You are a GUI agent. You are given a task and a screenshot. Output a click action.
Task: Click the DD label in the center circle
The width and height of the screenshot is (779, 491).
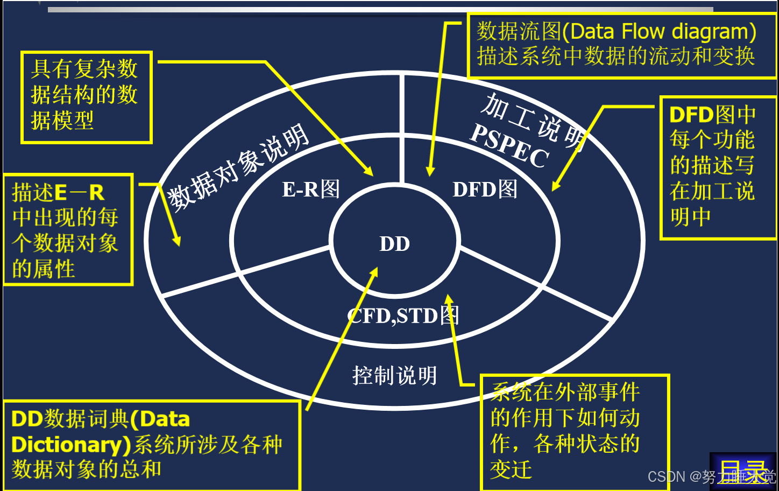(394, 244)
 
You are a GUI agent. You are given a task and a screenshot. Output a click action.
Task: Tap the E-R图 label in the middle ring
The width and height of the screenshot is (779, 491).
(311, 189)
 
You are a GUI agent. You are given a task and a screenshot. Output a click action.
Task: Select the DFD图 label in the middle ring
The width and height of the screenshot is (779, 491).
(485, 189)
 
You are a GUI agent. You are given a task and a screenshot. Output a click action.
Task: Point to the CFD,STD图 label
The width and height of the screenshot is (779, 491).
(403, 315)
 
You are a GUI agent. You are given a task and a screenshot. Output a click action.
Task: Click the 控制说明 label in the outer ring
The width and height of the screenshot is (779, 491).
(394, 375)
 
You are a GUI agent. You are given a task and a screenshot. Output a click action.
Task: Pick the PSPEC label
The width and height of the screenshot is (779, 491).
(509, 146)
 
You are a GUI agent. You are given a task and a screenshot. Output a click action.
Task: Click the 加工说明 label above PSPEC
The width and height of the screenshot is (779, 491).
(533, 122)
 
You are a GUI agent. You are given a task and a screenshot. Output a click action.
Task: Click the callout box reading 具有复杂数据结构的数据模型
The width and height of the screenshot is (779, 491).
(86, 97)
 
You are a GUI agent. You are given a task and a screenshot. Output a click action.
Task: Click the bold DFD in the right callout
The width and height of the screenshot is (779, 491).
(691, 114)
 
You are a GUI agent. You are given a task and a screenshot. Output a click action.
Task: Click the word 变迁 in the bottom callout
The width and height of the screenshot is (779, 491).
(511, 469)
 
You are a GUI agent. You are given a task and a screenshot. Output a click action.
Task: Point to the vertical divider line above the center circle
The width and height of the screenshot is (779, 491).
(401, 129)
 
